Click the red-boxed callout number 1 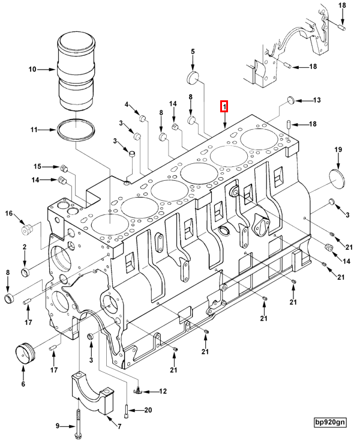point(224,107)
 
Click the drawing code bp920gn point(329,422)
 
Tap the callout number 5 point(193,52)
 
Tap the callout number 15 point(37,166)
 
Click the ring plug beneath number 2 point(25,274)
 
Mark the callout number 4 point(127,105)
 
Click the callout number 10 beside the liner point(32,70)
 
